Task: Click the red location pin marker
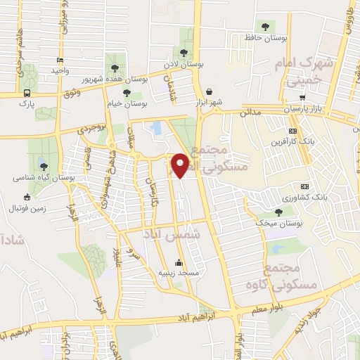[x=181, y=165]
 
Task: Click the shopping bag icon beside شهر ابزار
[x=210, y=91]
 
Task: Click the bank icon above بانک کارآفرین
[x=292, y=131]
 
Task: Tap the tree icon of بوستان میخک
[x=279, y=212]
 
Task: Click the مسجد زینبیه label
[x=179, y=272]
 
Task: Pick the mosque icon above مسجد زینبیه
[x=179, y=262]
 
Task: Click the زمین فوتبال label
[x=26, y=209]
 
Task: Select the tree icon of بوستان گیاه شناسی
[x=44, y=167]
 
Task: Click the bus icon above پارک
[x=27, y=93]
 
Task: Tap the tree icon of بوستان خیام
[x=127, y=92]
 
